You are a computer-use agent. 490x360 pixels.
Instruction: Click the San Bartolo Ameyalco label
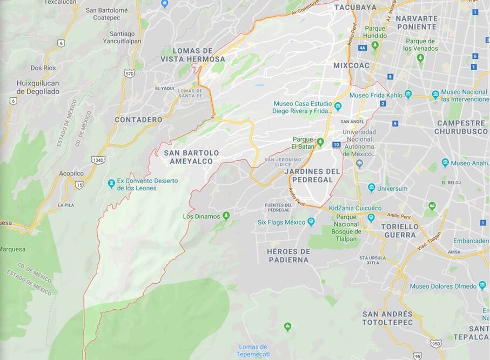click(191, 157)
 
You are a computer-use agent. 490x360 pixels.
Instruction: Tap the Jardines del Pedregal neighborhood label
click(312, 175)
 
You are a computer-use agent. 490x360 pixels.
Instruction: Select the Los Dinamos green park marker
click(226, 216)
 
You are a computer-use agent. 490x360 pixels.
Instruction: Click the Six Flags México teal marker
click(311, 222)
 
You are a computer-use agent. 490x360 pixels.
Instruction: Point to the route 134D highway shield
click(98, 160)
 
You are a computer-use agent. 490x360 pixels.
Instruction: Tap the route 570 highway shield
click(129, 73)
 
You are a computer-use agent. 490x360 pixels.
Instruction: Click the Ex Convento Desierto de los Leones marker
click(111, 184)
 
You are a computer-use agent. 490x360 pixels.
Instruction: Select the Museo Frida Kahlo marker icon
click(408, 95)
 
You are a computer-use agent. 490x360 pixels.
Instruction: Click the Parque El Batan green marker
click(320, 142)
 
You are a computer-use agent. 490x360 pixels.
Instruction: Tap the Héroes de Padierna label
click(288, 256)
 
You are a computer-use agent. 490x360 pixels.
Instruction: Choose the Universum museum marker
click(371, 188)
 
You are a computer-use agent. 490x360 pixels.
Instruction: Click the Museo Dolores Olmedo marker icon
click(482, 285)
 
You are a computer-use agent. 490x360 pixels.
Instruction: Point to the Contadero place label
click(138, 119)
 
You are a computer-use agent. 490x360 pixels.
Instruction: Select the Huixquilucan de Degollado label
click(37, 88)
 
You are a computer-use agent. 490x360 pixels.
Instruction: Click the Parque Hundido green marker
click(375, 45)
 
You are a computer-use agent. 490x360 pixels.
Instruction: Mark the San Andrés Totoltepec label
click(387, 318)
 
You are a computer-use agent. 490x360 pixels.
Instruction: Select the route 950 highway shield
click(436, 343)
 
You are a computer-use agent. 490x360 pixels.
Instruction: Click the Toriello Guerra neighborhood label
click(399, 231)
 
